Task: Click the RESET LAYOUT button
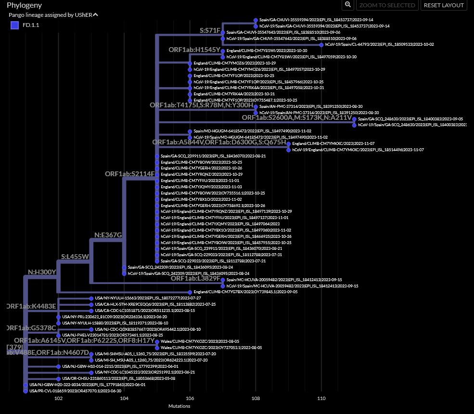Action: point(444,5)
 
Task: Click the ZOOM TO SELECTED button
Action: point(387,5)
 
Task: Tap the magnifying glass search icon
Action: point(347,5)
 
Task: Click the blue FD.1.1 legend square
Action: point(14,25)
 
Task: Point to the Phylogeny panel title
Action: point(24,5)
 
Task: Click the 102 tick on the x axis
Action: point(59,399)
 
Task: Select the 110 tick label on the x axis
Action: point(321,399)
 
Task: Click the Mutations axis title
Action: point(179,406)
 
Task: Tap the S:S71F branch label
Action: point(210,30)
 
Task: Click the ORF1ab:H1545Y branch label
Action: point(194,50)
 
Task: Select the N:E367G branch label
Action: point(108,235)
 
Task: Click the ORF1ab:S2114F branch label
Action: point(130,173)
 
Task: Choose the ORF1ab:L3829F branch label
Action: point(195,278)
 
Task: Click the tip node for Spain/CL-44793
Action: point(321,45)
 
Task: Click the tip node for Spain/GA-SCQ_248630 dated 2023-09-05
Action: point(354,119)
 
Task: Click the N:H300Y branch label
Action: point(42,272)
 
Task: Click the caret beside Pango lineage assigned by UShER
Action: point(95,15)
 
